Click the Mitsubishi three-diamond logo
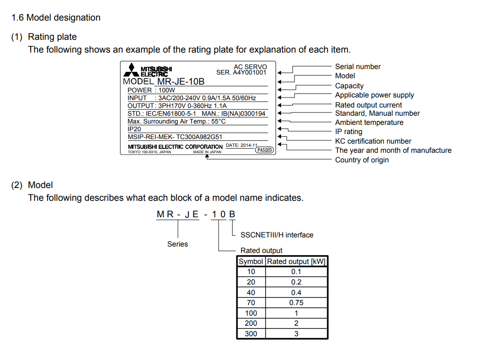click(130, 70)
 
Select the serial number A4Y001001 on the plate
click(249, 72)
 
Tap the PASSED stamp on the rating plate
click(264, 150)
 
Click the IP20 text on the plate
click(134, 129)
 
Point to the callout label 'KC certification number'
click(373, 141)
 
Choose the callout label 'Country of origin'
click(362, 160)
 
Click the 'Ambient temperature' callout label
click(369, 122)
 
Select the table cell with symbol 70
click(251, 302)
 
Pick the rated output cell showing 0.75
click(296, 302)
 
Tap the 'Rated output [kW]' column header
click(296, 261)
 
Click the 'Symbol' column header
click(251, 261)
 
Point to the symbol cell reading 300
click(251, 333)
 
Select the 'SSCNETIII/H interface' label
click(277, 235)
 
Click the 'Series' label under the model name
click(177, 244)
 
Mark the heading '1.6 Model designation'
click(56, 18)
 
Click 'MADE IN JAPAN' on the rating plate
click(207, 152)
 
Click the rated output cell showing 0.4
click(296, 292)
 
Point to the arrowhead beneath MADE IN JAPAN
click(208, 156)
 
